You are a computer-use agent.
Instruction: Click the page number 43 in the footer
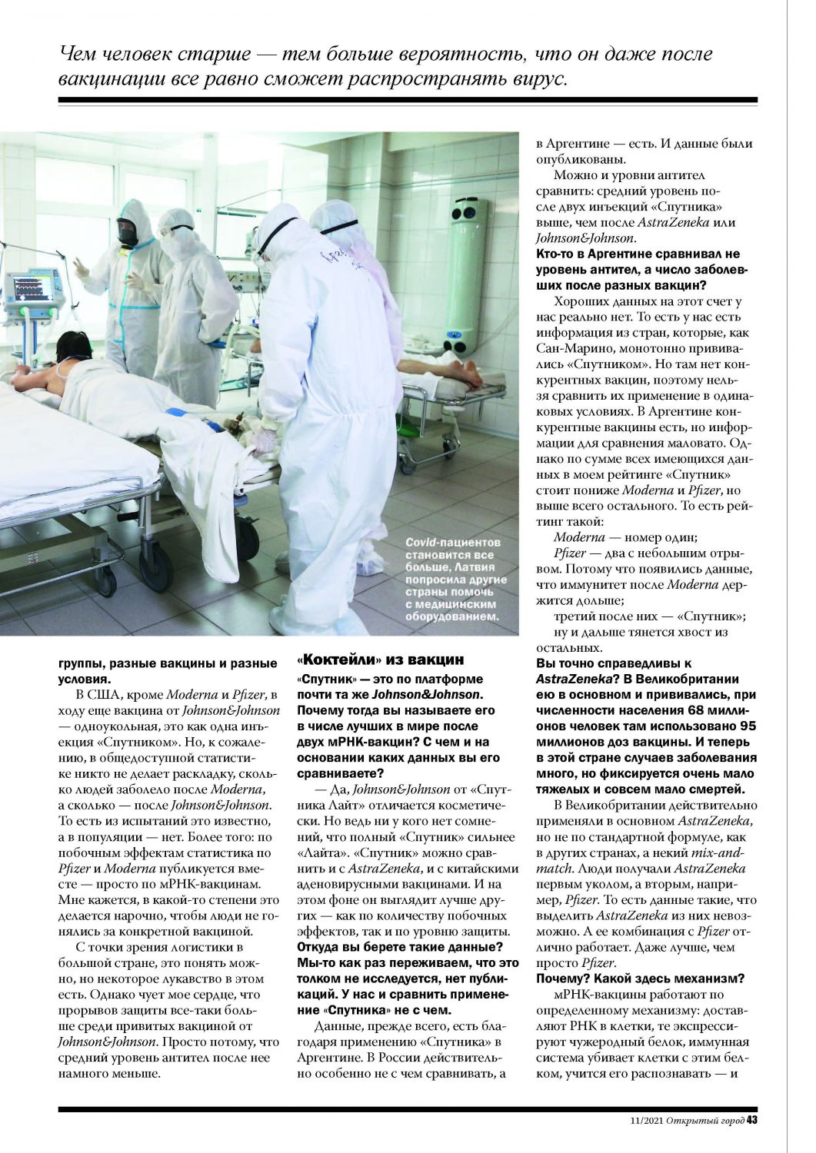(752, 1120)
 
